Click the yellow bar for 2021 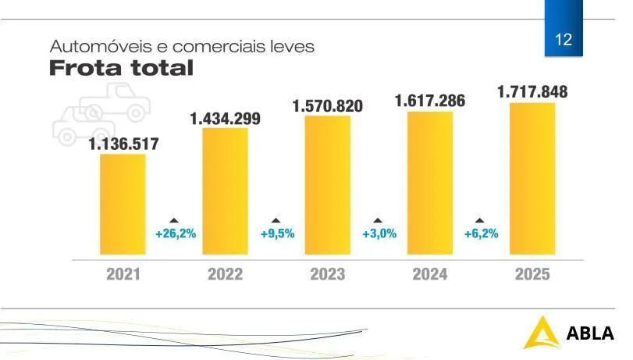click(123, 204)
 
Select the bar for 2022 click(225, 191)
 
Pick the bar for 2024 click(430, 183)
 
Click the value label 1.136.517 click(123, 144)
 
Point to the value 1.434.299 click(226, 119)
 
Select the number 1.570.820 click(328, 105)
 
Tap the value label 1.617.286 click(430, 101)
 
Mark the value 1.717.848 click(532, 92)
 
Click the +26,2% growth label click(175, 233)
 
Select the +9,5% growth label click(277, 233)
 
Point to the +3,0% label click(379, 233)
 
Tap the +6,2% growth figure click(482, 233)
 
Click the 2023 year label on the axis click(328, 274)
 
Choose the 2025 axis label click(532, 274)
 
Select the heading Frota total click(121, 68)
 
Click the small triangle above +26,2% click(174, 220)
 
